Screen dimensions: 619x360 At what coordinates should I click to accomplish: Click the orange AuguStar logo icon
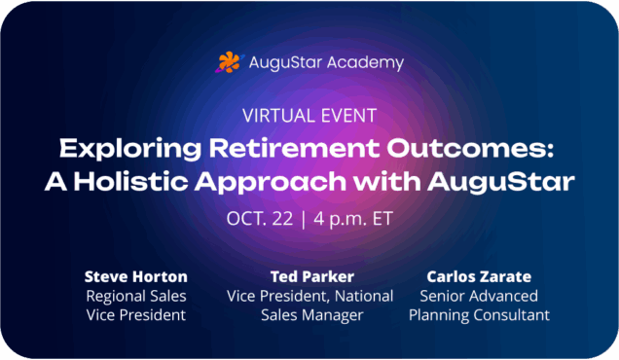(229, 62)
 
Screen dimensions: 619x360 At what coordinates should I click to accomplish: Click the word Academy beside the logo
(366, 63)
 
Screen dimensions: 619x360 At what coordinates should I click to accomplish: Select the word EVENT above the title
(348, 116)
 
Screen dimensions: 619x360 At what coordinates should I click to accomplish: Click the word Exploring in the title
(130, 149)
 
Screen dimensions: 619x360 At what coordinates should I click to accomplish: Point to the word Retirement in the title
(294, 148)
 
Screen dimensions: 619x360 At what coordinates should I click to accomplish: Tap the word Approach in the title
(271, 183)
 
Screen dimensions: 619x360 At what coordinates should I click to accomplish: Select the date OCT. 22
(260, 219)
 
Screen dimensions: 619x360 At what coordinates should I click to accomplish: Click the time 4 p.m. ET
(353, 219)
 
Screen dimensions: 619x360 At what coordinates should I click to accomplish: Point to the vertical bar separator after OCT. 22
(304, 220)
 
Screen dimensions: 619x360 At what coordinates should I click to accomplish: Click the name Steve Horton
(136, 276)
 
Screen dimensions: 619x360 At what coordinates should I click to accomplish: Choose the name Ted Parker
(312, 276)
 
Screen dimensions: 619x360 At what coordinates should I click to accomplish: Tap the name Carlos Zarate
(479, 276)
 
